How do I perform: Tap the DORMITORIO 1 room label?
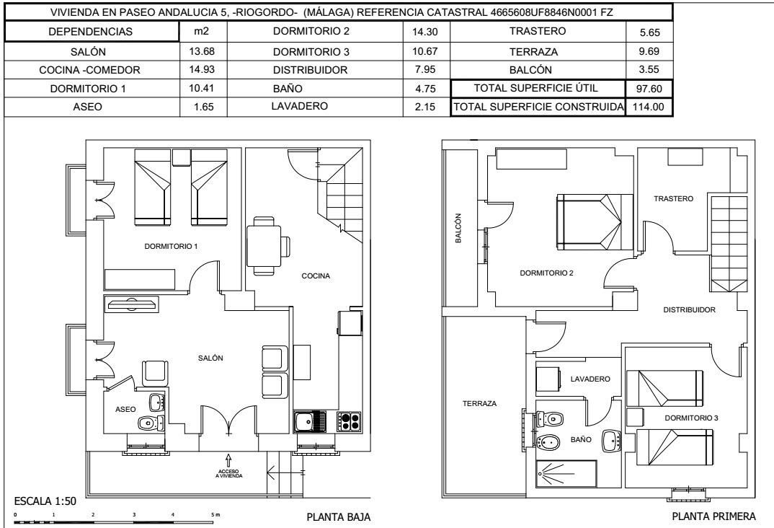click(171, 247)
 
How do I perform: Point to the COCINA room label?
click(316, 276)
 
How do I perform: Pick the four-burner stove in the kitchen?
click(348, 421)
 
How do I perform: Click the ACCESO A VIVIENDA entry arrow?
click(228, 459)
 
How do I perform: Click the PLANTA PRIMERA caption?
click(713, 516)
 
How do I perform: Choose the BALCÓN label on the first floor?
click(458, 232)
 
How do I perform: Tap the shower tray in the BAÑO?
click(566, 474)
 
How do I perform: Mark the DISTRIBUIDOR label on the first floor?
click(689, 310)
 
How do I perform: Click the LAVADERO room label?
click(590, 379)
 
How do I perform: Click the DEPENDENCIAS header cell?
click(92, 32)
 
